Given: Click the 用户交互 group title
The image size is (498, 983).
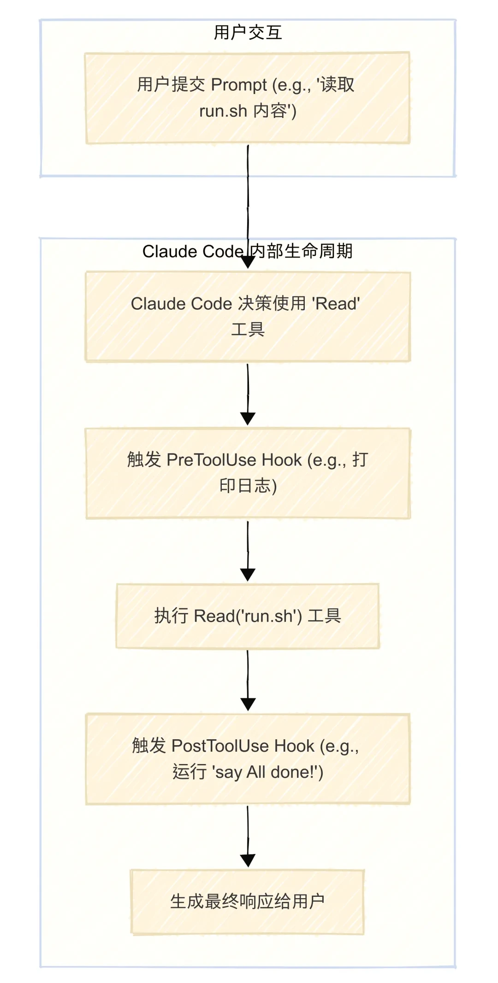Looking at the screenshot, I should [248, 33].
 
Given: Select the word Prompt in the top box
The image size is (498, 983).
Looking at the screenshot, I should [239, 85].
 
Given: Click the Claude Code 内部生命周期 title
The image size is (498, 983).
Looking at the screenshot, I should [247, 251].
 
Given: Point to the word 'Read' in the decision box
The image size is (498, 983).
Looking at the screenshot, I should [336, 304].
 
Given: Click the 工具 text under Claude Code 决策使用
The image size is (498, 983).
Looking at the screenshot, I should [248, 330].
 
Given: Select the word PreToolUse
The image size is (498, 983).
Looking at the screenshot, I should [211, 460].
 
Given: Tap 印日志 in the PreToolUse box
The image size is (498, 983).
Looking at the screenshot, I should [245, 486].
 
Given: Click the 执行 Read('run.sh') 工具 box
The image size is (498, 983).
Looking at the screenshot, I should [248, 616].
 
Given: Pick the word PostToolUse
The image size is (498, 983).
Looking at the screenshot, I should [220, 746].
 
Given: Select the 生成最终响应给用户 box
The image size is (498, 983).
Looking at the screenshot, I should [248, 901].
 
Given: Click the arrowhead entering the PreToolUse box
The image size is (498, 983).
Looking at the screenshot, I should [248, 419].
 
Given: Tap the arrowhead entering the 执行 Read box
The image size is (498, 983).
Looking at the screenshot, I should [248, 575].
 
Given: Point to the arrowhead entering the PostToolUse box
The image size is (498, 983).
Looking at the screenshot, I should [248, 704].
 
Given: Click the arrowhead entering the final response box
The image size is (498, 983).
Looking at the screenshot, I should [248, 860].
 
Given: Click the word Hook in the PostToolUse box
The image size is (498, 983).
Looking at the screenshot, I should [294, 746].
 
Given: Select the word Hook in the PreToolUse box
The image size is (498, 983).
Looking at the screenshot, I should [281, 460].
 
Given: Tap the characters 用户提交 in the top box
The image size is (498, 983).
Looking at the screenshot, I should [171, 85].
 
